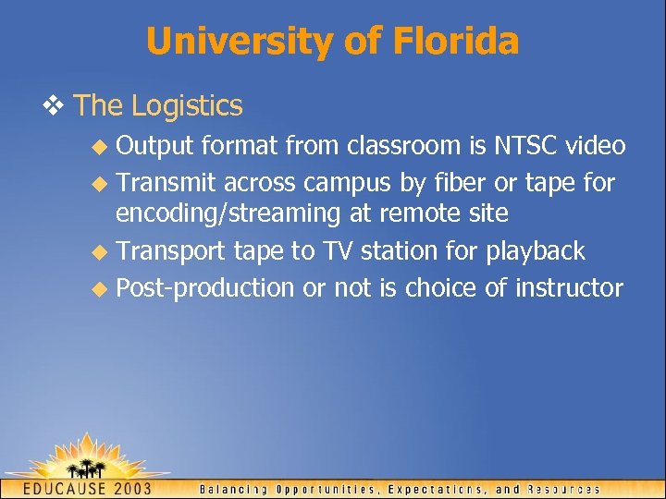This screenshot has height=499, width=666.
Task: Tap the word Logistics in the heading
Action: point(187,105)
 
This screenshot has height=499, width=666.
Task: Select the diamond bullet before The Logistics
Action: point(57,105)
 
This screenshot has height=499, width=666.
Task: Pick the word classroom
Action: point(388,146)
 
